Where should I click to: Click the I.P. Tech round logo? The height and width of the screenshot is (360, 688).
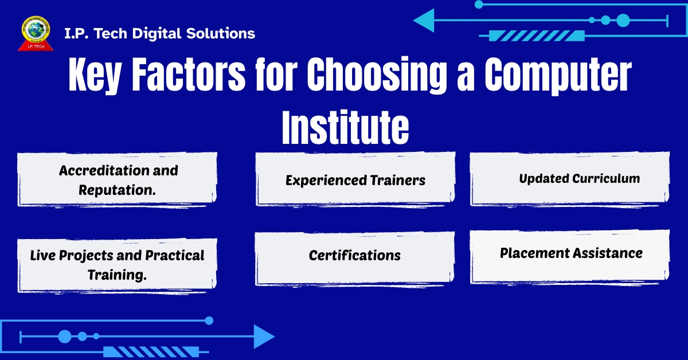tap(36, 33)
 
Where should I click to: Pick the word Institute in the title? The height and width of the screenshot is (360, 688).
tap(345, 129)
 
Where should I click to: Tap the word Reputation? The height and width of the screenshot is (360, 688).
tap(118, 190)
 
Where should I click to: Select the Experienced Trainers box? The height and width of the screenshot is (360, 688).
tap(355, 180)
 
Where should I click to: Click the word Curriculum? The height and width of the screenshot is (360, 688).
tap(606, 178)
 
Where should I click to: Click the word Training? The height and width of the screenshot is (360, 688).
tap(118, 275)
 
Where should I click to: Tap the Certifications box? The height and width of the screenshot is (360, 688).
tap(355, 255)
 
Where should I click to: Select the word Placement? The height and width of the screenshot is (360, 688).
tap(535, 253)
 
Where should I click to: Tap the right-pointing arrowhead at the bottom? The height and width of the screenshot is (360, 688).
tap(264, 336)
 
